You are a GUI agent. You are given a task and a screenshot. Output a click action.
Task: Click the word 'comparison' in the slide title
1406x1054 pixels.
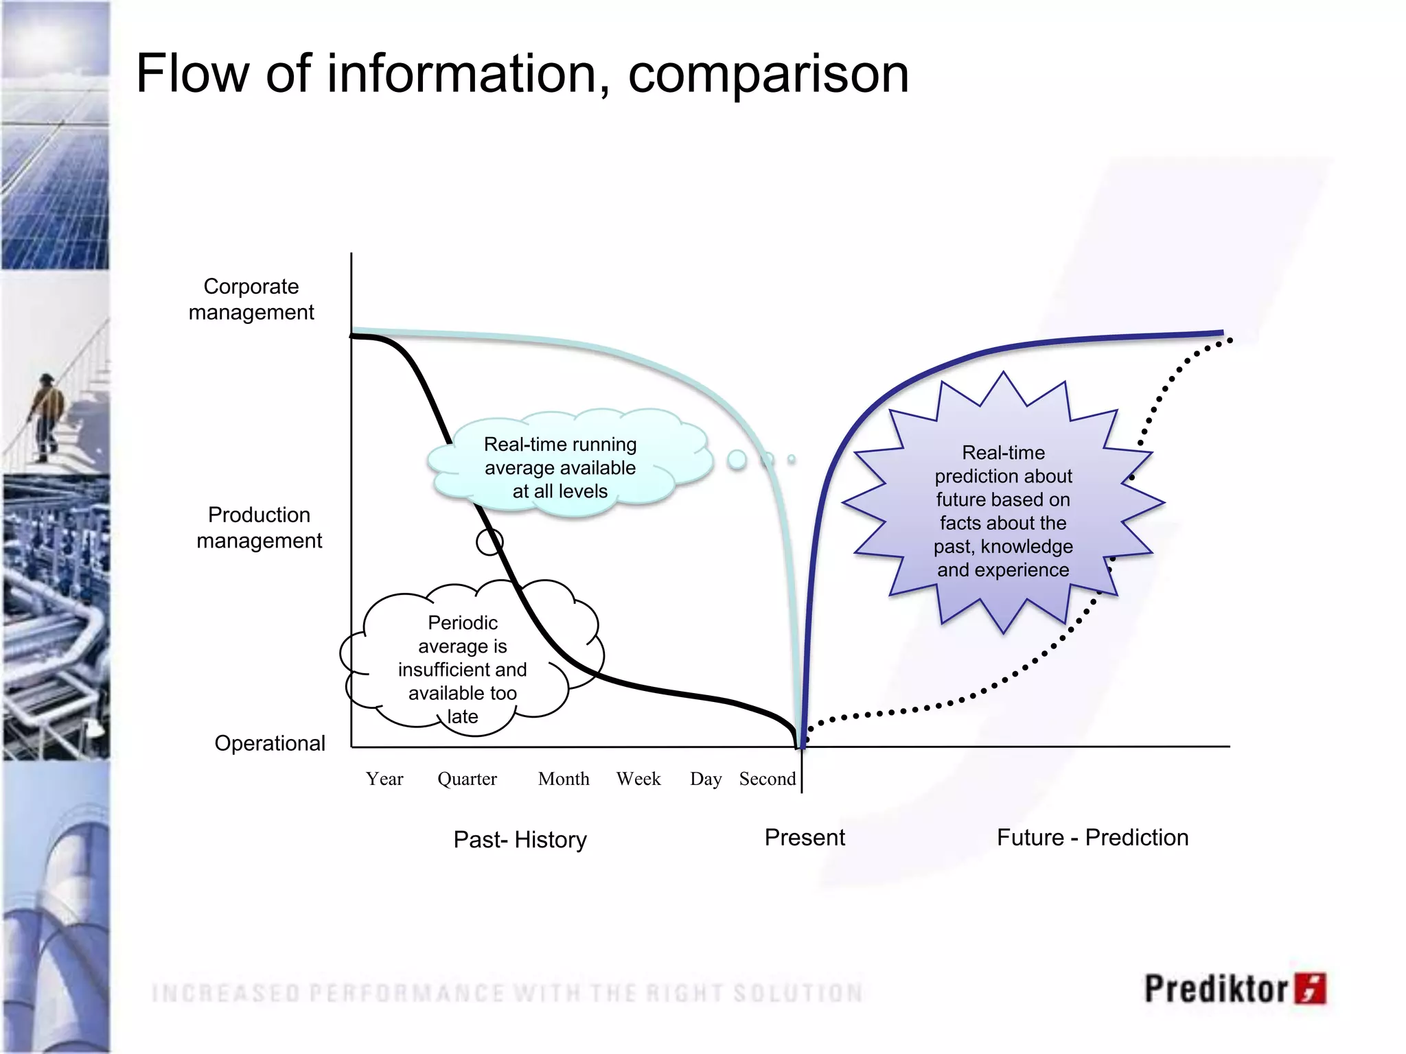point(768,73)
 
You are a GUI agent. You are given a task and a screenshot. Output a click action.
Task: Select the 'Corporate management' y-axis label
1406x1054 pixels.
point(251,299)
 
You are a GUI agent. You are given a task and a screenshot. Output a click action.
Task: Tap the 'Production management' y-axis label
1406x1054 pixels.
point(259,528)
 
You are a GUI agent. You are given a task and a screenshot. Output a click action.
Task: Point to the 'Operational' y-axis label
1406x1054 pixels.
point(270,743)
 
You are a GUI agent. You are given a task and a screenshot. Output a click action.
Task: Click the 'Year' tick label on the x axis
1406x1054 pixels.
point(384,779)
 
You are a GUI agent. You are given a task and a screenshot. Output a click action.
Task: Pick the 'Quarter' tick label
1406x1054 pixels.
point(467,779)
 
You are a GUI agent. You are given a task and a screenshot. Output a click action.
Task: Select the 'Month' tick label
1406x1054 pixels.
point(564,779)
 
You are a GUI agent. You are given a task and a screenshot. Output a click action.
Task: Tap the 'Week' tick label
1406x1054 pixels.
point(638,779)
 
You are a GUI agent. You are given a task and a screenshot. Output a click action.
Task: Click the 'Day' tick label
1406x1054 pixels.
point(706,780)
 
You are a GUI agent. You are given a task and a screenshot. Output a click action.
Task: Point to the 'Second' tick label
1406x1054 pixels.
point(768,779)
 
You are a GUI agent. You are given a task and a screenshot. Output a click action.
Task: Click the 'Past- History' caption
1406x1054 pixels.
point(520,839)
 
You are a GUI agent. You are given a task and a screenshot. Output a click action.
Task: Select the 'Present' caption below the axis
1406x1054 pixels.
point(805,837)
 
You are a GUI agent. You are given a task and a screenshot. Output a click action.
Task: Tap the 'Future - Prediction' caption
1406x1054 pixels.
point(1092,837)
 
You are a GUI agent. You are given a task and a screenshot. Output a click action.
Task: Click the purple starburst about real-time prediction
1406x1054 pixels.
point(1003,511)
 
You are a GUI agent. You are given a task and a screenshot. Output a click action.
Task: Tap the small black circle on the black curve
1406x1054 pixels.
point(489,542)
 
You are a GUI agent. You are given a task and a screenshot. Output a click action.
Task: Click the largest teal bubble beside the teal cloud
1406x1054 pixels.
point(737,460)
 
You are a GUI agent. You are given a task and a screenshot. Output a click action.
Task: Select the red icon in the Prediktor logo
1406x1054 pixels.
point(1311,988)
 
